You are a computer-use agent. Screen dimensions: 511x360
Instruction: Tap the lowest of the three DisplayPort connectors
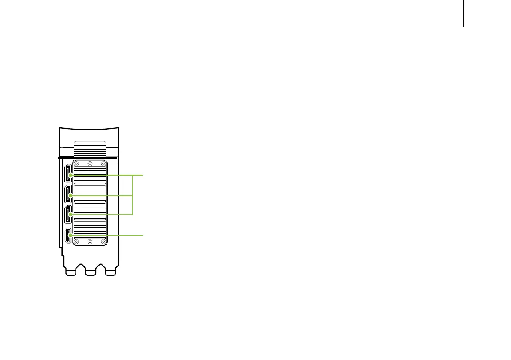pyautogui.click(x=68, y=215)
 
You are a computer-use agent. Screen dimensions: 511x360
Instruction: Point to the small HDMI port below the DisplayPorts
pyautogui.click(x=68, y=236)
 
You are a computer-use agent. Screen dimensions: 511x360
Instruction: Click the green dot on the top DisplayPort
pyautogui.click(x=70, y=175)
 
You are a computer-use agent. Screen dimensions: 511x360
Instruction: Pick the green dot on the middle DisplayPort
pyautogui.click(x=70, y=195)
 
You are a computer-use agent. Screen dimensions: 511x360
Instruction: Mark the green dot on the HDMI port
pyautogui.click(x=70, y=236)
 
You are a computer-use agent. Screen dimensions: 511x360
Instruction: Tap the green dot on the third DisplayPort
pyautogui.click(x=70, y=214)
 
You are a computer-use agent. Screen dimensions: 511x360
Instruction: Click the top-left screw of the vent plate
pyautogui.click(x=76, y=163)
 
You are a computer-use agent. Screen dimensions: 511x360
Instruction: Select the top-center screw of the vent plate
pyautogui.click(x=90, y=163)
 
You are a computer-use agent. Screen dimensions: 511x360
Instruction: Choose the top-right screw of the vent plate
pyautogui.click(x=103, y=163)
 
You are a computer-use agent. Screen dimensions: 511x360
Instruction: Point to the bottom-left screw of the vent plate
pyautogui.click(x=76, y=242)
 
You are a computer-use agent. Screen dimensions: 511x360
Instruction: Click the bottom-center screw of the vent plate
pyautogui.click(x=90, y=242)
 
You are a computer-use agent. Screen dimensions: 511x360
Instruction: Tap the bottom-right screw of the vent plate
pyautogui.click(x=103, y=242)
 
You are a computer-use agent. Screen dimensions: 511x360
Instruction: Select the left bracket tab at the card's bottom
pyautogui.click(x=70, y=272)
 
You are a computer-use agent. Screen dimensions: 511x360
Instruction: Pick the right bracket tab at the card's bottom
pyautogui.click(x=110, y=272)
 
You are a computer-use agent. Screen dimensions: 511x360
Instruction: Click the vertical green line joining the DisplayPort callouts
pyautogui.click(x=133, y=195)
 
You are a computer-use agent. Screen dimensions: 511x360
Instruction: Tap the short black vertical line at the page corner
pyautogui.click(x=463, y=14)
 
